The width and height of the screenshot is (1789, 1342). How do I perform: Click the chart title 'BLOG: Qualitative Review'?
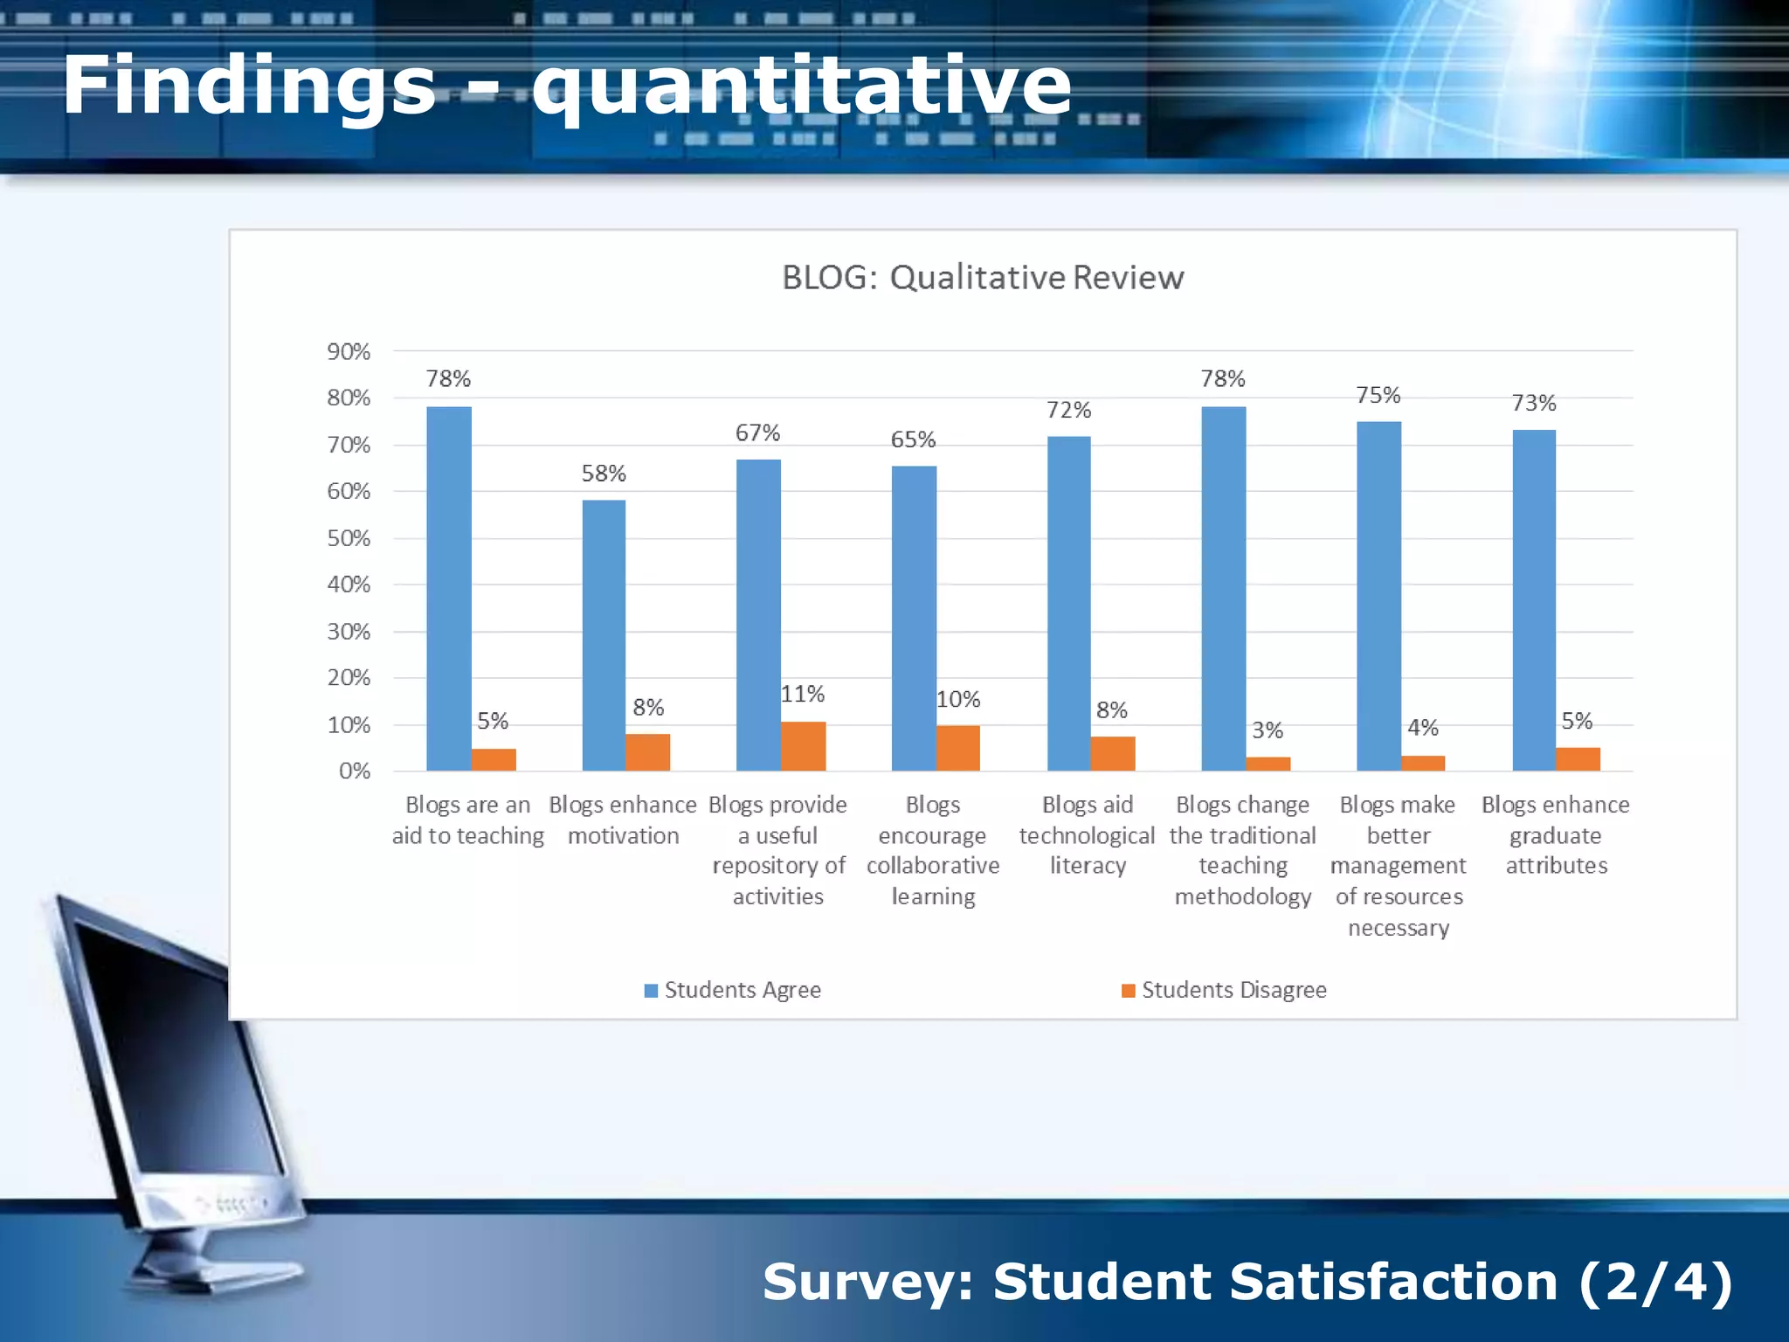(983, 278)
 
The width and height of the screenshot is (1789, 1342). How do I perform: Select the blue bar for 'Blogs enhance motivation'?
(604, 635)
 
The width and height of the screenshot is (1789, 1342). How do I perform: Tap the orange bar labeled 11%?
(803, 746)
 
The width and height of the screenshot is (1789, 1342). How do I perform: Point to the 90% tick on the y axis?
(349, 352)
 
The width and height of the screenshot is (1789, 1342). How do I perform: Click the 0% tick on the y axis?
(355, 771)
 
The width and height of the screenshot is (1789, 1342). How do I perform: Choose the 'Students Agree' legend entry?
(733, 990)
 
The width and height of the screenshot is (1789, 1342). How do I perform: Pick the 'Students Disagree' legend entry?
(1224, 990)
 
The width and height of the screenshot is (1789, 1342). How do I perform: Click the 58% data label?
(604, 474)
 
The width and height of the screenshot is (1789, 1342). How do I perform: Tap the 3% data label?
(1267, 730)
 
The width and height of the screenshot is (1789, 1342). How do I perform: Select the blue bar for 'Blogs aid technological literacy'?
(1068, 603)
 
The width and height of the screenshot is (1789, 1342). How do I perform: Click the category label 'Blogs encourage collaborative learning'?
(933, 850)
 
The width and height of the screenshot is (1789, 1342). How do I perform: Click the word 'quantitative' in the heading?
(801, 87)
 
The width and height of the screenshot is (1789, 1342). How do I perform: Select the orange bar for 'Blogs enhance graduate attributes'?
(1578, 759)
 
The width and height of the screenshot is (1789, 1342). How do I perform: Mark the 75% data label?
(1378, 396)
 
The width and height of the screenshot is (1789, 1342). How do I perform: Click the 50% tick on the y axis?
(349, 538)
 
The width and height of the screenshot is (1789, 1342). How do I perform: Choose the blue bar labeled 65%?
(914, 618)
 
